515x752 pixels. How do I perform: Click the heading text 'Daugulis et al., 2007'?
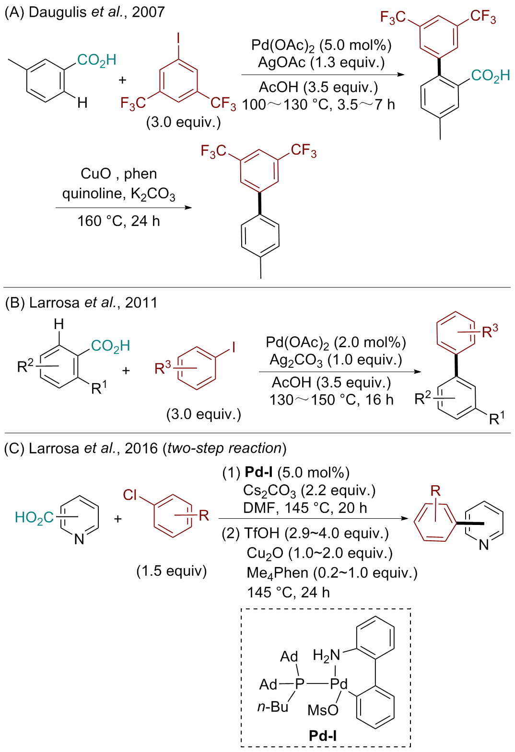96,12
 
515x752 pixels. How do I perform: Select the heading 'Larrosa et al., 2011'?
93,303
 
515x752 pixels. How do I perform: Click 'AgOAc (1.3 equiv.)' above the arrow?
321,62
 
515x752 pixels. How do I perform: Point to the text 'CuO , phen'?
118,173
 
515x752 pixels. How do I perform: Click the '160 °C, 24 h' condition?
118,221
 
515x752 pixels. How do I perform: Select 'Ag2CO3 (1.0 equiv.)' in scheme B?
336,360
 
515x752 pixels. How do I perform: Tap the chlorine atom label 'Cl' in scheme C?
130,495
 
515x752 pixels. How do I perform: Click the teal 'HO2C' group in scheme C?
34,517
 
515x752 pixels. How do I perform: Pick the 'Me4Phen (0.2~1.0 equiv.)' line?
332,573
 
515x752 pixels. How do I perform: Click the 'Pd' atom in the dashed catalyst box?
339,684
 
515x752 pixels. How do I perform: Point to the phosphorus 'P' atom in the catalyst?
300,684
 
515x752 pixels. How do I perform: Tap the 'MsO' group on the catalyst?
323,710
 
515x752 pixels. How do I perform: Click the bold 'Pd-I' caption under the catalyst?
323,736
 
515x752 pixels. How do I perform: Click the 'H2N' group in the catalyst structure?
326,655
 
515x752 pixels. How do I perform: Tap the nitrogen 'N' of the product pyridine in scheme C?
484,545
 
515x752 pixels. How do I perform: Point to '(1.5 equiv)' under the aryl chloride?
171,571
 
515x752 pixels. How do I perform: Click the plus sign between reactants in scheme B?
126,370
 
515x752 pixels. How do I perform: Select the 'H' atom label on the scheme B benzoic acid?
59,324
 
